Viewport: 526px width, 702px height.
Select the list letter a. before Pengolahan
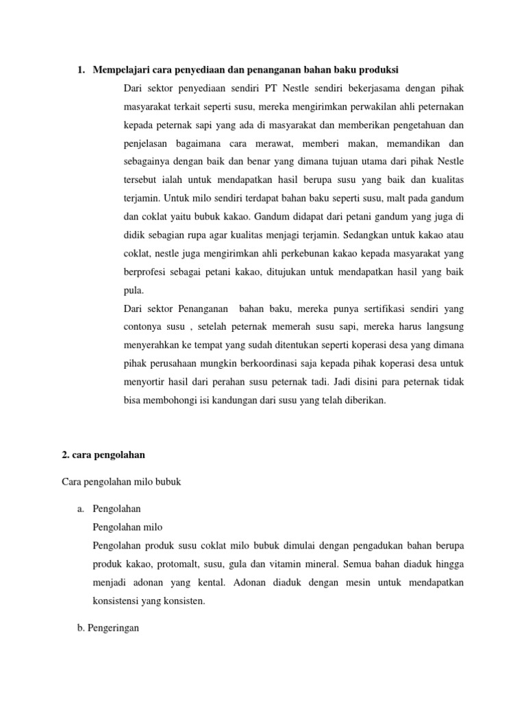pyautogui.click(x=75, y=509)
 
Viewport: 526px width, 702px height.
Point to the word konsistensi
pyautogui.click(x=121, y=601)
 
